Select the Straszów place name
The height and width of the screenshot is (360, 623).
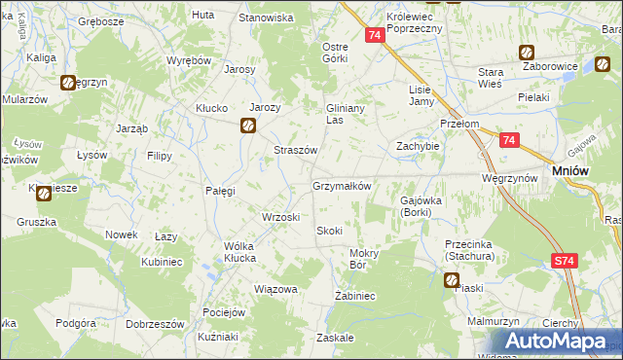click(x=295, y=150)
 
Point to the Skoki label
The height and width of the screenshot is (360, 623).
click(x=328, y=230)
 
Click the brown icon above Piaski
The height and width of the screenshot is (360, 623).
click(x=452, y=281)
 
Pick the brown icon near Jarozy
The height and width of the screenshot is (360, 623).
click(x=248, y=125)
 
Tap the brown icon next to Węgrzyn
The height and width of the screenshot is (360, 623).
click(x=69, y=84)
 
